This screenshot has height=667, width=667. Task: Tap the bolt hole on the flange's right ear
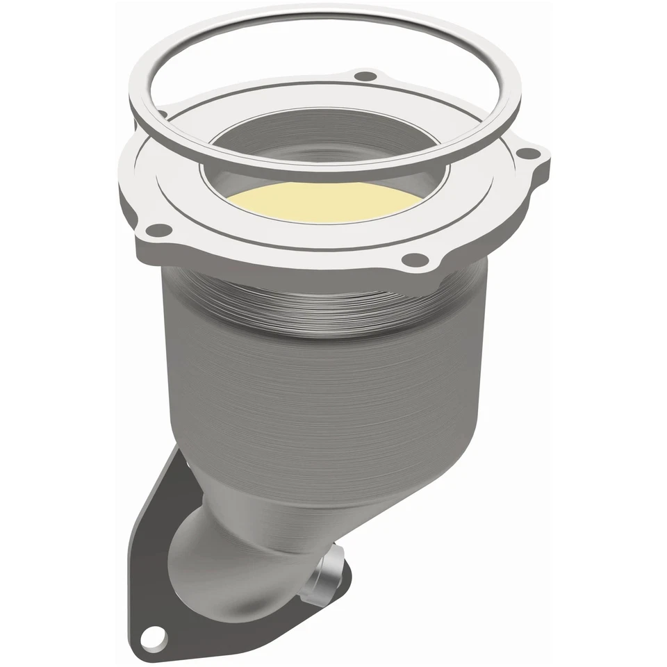(528, 154)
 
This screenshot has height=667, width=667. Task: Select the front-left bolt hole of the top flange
(160, 227)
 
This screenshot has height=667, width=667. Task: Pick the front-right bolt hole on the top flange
(415, 260)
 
